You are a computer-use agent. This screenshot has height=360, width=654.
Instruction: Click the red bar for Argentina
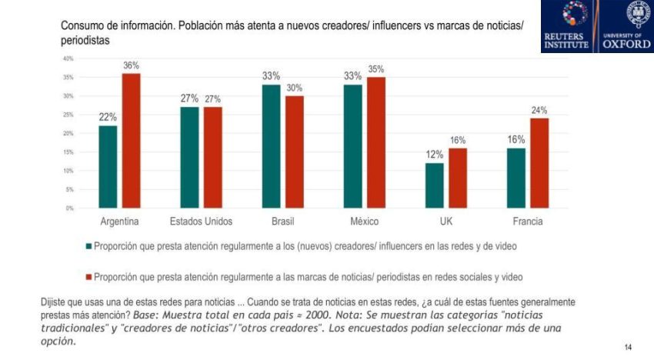point(132,141)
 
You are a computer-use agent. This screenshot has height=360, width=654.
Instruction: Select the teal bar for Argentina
point(108,167)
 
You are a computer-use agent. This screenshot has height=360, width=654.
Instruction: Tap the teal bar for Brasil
point(272,146)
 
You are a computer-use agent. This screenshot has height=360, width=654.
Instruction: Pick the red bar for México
point(376,142)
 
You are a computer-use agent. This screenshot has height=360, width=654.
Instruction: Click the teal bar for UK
point(435,185)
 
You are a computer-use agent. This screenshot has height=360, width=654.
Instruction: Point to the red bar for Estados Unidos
point(213,158)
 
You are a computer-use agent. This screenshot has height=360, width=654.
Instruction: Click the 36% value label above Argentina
point(132,66)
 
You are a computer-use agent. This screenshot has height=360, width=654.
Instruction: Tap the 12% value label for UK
point(435,155)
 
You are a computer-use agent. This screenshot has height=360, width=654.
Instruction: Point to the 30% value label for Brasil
point(295,88)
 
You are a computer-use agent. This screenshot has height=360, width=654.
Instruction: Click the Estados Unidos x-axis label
point(201,222)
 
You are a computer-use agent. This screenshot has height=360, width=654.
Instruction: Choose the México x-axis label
point(365,222)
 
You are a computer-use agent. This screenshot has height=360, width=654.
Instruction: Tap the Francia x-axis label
point(527,222)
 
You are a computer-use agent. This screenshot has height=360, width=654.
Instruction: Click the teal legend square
point(88,246)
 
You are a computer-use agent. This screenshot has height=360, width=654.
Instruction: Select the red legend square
point(88,275)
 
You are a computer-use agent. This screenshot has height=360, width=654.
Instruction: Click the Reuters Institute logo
point(569,26)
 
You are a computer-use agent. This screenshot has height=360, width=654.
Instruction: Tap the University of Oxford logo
point(625,26)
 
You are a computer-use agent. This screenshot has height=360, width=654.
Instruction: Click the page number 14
point(629,348)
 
